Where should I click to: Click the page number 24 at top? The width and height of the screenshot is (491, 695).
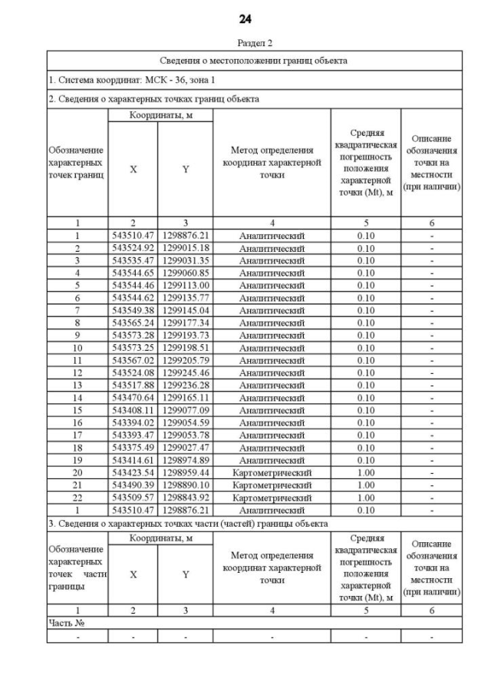click(245, 18)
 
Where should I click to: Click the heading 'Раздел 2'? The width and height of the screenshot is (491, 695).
click(245, 44)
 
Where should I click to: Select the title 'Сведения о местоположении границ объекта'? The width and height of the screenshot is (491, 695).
click(254, 60)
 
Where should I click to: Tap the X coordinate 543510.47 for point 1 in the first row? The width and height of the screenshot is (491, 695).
click(133, 236)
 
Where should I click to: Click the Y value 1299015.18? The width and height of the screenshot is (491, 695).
click(185, 248)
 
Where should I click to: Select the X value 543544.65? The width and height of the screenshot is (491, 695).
click(133, 273)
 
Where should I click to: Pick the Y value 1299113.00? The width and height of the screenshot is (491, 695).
click(185, 286)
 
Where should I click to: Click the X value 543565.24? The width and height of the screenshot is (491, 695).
click(133, 323)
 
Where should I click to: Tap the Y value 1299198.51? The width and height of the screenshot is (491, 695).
click(185, 348)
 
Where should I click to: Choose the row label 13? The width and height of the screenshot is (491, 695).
click(77, 386)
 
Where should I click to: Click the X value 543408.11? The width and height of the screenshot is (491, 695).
click(133, 410)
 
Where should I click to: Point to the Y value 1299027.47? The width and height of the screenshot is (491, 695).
click(185, 448)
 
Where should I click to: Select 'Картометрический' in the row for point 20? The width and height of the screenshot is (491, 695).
click(272, 473)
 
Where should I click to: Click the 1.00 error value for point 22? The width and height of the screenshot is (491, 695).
click(366, 498)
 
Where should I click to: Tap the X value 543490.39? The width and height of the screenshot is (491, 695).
click(133, 485)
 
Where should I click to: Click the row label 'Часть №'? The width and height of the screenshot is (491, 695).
click(65, 623)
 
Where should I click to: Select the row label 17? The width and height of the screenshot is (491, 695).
click(77, 435)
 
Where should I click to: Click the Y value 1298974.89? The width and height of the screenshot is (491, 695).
click(185, 460)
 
